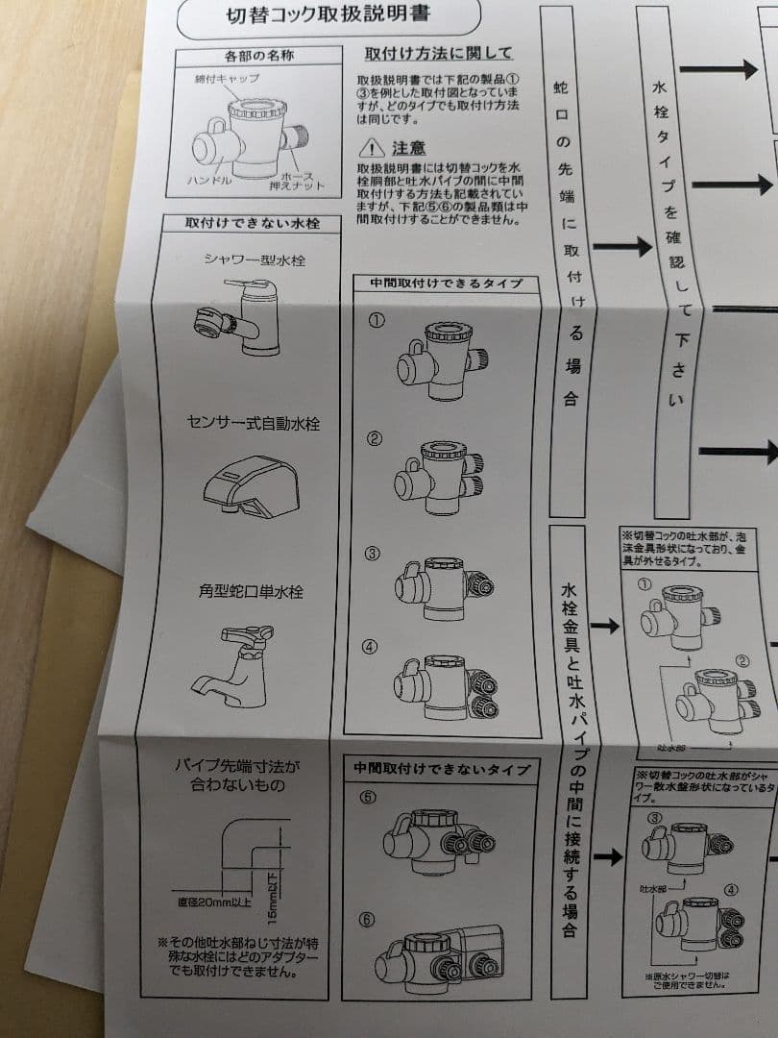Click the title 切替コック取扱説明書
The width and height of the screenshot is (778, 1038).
329,13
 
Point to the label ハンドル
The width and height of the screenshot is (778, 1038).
209,180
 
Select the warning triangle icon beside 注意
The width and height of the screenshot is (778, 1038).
371,148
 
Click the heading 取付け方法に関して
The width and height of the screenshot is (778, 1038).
439,53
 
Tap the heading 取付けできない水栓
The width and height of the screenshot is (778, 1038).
252,223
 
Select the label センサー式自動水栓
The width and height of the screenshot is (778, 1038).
253,423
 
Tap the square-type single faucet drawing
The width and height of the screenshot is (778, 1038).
236,663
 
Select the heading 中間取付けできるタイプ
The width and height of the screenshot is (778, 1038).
437,283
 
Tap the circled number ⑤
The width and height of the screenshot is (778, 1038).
367,796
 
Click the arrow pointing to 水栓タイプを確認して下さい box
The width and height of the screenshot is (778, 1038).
621,247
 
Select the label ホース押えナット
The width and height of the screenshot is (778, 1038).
301,180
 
